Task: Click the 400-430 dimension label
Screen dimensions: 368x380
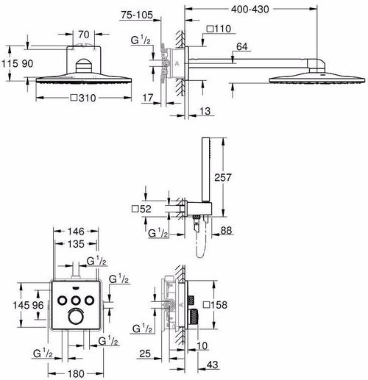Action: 250,10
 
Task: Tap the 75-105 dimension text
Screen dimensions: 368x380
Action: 137,15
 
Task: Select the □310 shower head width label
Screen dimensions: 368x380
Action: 83,98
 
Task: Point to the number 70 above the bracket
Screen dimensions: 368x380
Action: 84,35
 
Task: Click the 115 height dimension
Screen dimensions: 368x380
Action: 10,64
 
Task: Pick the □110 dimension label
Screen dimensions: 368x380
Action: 219,29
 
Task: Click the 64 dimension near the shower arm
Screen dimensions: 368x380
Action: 242,46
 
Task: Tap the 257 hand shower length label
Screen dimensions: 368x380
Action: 223,177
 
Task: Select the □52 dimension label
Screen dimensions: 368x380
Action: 141,209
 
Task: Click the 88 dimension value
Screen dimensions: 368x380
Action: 226,230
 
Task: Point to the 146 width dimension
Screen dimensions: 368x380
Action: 76,232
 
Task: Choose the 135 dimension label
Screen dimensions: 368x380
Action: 76,244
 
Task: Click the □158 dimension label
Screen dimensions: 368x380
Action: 215,305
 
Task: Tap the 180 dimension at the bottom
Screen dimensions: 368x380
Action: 76,373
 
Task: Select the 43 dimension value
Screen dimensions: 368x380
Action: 212,365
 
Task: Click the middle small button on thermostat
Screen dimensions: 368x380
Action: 77,300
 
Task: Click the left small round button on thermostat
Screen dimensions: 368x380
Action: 63,300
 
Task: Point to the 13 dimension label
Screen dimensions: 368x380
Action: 205,111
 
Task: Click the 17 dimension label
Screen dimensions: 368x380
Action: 148,98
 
